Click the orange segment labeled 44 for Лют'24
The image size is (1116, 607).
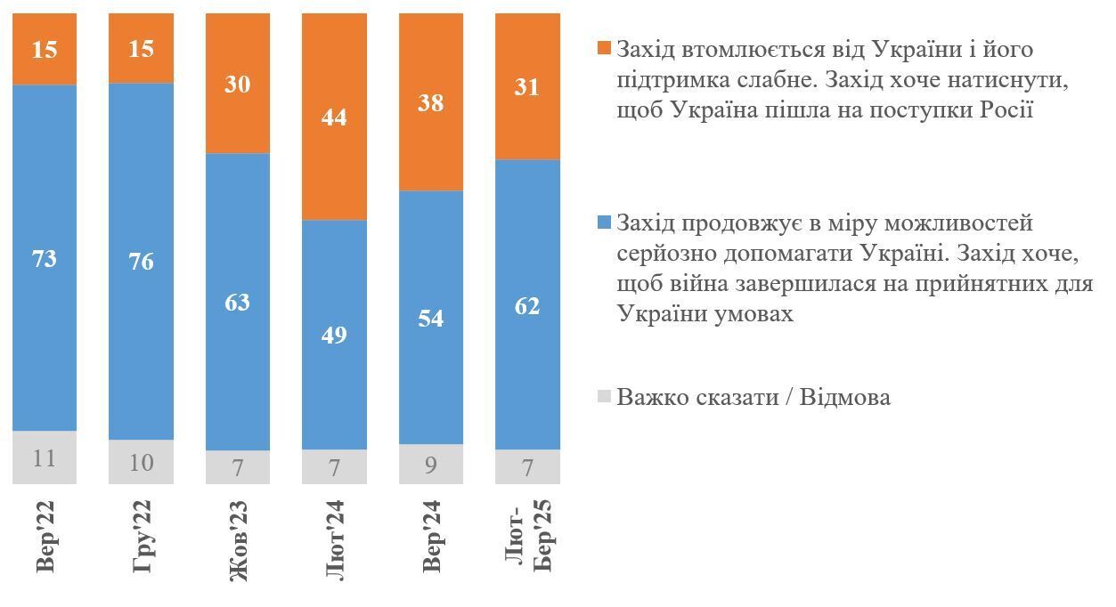[x=334, y=117]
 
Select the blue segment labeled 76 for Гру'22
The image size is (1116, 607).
[x=141, y=261]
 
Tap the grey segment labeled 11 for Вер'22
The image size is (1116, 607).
[x=45, y=457]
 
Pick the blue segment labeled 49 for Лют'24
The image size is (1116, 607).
[x=334, y=335]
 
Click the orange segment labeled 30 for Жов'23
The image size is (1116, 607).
[x=238, y=84]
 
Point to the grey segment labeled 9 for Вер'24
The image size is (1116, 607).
[x=431, y=464]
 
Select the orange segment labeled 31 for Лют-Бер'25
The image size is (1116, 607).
[x=527, y=87]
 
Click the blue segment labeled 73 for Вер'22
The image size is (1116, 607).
[x=45, y=258]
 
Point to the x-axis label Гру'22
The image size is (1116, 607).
[x=142, y=537]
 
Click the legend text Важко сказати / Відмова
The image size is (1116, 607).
[x=753, y=397]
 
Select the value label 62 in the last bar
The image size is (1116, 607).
[x=527, y=306]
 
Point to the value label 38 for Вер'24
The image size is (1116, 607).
[x=431, y=102]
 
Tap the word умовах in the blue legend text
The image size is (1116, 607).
[x=747, y=314]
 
